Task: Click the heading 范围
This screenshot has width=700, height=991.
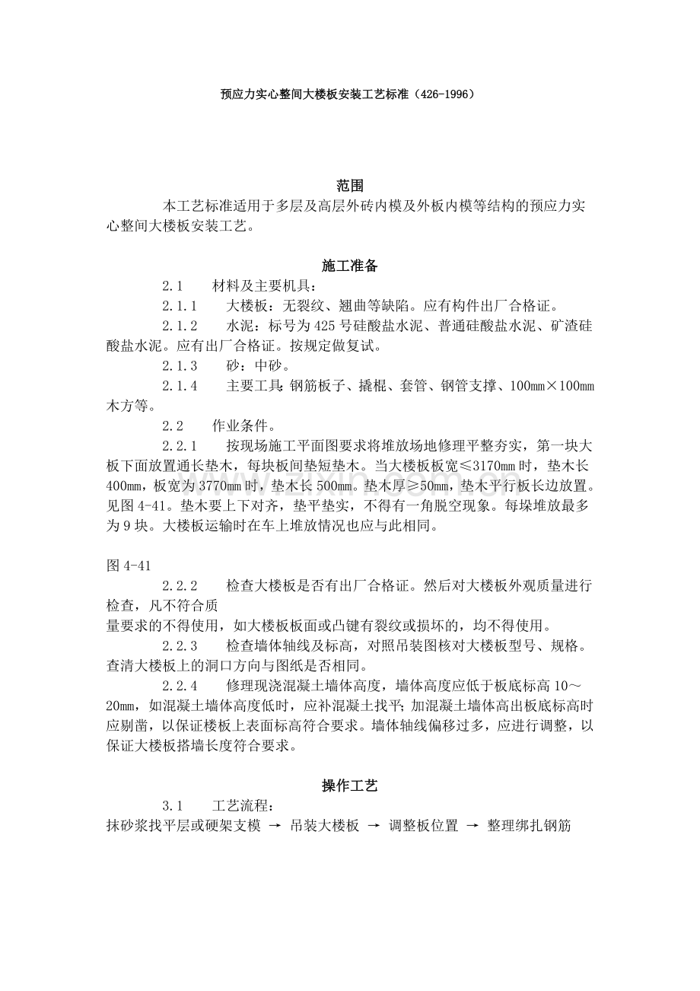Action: (x=350, y=186)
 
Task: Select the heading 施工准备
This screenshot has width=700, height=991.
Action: (x=350, y=266)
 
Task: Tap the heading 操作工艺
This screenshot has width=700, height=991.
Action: (x=350, y=785)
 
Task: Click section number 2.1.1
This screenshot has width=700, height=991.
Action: (x=180, y=307)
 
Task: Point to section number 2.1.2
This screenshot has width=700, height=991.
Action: (x=180, y=327)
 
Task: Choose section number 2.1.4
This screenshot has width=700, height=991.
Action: (x=180, y=386)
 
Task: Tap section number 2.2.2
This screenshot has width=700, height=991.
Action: (x=180, y=585)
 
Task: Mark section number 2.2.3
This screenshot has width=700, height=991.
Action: (x=180, y=645)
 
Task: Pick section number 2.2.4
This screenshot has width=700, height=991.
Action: (x=180, y=684)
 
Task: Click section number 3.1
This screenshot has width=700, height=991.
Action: (x=173, y=806)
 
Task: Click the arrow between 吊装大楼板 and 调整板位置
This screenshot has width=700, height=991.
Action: (x=374, y=826)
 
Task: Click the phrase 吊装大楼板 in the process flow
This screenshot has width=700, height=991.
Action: (x=325, y=826)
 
